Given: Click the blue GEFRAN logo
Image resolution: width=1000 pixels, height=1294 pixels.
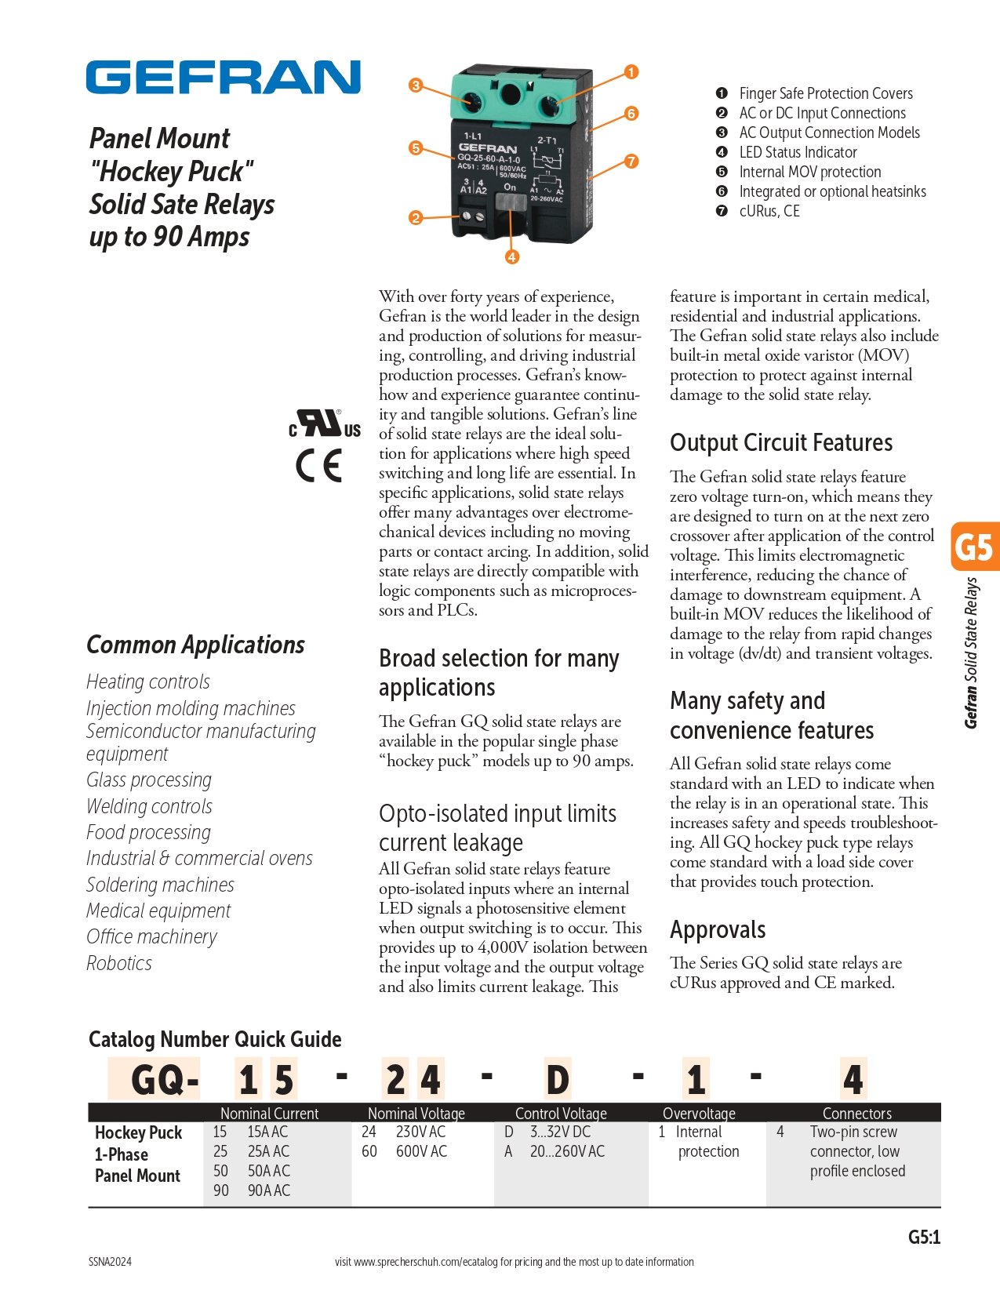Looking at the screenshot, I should [x=223, y=77].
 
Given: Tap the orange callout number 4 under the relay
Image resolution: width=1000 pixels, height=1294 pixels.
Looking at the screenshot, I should [x=511, y=256].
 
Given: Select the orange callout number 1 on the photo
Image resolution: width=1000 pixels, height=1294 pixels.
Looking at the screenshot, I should [x=631, y=72].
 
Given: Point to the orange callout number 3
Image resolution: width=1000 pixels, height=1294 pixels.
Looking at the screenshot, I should [x=416, y=85].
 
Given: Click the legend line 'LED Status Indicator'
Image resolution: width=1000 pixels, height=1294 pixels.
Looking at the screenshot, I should [x=798, y=152].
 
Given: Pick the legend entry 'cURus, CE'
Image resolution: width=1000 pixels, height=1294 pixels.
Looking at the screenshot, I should [x=769, y=211].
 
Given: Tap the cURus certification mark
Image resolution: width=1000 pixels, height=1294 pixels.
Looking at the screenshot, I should [x=325, y=424].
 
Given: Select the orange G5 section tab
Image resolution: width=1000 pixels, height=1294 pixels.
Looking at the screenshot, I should [x=974, y=546].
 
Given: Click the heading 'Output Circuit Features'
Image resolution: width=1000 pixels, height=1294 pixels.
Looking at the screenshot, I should [x=781, y=442].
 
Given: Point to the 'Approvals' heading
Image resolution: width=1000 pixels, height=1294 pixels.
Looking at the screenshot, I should [x=718, y=929].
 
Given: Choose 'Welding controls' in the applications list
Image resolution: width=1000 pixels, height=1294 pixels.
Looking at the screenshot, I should [x=149, y=806].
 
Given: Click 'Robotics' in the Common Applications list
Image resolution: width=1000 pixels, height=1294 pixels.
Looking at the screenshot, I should [x=119, y=963].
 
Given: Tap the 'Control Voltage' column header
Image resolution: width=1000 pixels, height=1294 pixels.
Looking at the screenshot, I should [x=561, y=1113].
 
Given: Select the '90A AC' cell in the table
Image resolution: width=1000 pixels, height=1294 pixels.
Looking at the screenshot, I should [x=268, y=1190].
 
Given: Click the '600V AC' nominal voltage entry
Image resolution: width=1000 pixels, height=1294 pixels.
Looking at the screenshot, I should [x=421, y=1151].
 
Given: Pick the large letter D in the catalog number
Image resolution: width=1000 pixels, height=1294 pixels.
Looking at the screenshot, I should [x=558, y=1080].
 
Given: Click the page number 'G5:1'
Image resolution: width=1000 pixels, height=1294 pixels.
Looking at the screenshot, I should [x=924, y=1237].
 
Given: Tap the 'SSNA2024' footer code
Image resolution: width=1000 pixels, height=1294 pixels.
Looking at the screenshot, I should [x=110, y=1262].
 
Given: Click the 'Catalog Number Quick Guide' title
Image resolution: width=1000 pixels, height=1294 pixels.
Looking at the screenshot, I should [x=215, y=1039].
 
